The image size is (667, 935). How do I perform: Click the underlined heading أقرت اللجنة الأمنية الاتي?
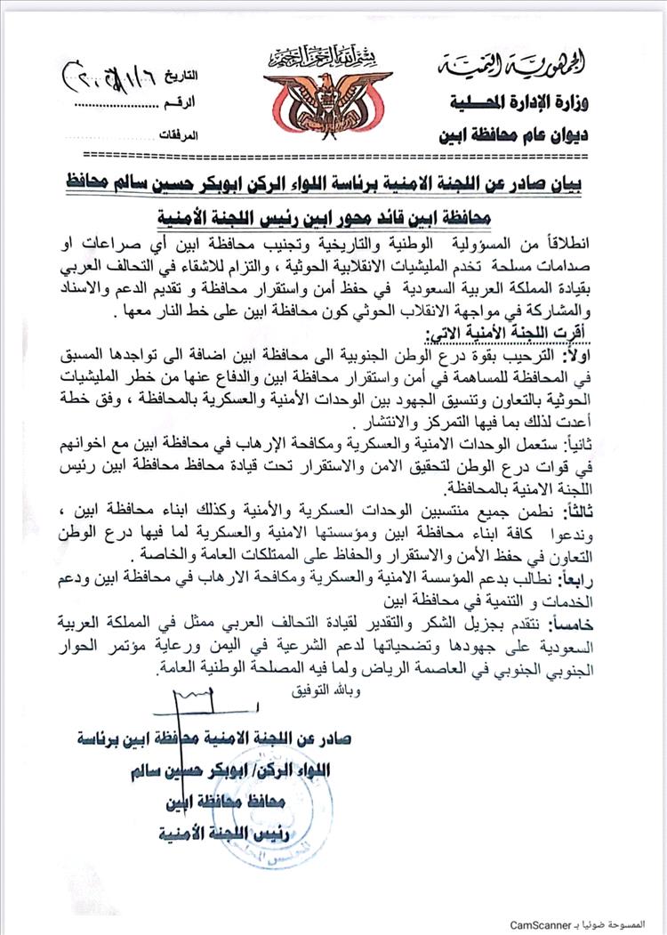(505, 336)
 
